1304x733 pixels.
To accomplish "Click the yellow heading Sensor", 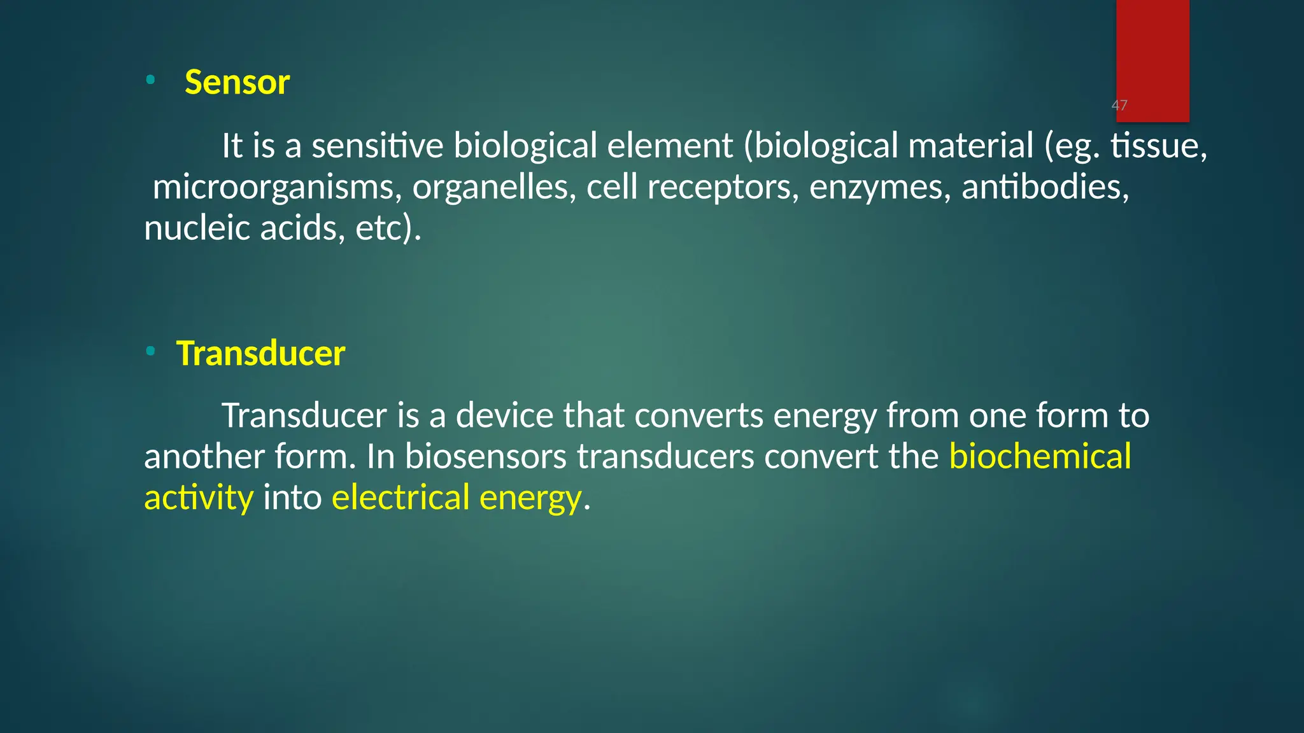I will point(237,83).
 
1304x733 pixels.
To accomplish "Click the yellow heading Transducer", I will point(260,354).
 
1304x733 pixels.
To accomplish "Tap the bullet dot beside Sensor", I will point(150,80).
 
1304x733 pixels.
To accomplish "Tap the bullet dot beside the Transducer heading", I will point(150,351).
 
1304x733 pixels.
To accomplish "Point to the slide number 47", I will point(1119,106).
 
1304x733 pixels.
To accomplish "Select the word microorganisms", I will point(277,188).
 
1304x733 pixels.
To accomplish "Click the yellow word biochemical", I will point(1040,457).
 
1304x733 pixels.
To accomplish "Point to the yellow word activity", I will point(199,498).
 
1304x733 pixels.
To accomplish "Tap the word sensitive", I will point(377,146).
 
